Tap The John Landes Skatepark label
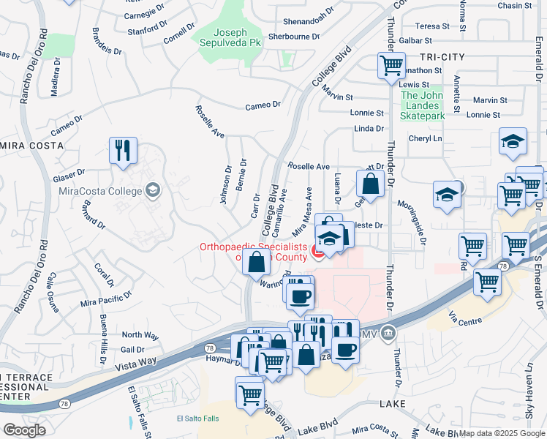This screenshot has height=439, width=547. [x=423, y=105]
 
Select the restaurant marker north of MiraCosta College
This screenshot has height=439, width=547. [x=123, y=151]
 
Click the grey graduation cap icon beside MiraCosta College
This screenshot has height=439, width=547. [x=152, y=192]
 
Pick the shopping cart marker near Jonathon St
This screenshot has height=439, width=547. [x=391, y=66]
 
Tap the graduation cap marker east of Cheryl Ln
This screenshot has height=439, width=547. [x=513, y=143]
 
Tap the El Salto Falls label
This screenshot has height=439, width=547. [x=197, y=419]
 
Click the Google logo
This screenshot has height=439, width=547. [x=24, y=430]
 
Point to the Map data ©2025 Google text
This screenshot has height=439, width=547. [x=501, y=434]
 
